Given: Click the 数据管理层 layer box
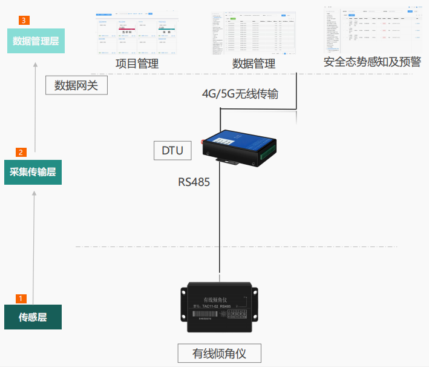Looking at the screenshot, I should pyautogui.click(x=36, y=41).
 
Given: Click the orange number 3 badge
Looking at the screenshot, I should pyautogui.click(x=24, y=21).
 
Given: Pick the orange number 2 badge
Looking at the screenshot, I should pyautogui.click(x=21, y=152).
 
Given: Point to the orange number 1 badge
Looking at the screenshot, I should pyautogui.click(x=21, y=299).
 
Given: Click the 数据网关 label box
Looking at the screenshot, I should pyautogui.click(x=76, y=85).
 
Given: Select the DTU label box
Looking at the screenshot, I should pyautogui.click(x=172, y=150).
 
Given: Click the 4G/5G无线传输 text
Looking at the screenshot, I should pyautogui.click(x=240, y=94).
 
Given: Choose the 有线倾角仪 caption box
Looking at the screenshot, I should pyautogui.click(x=219, y=353).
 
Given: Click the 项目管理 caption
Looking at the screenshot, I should pyautogui.click(x=137, y=64).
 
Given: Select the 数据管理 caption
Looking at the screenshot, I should pyautogui.click(x=254, y=64).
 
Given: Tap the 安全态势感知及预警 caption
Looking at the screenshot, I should pyautogui.click(x=372, y=62).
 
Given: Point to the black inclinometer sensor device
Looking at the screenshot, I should pyautogui.click(x=219, y=306).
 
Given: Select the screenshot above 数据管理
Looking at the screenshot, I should pyautogui.click(x=253, y=33).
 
